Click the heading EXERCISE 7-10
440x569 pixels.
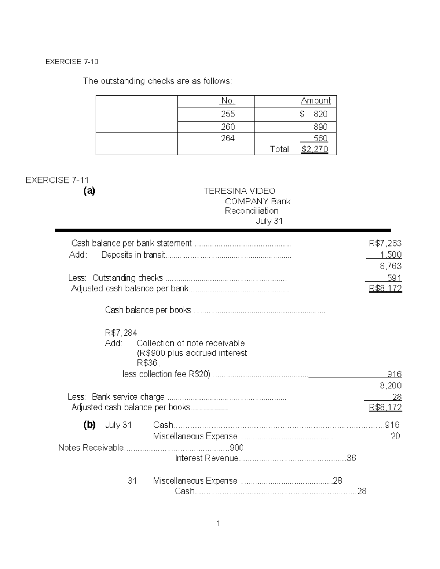click(x=72, y=62)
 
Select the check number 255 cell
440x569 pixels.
click(x=228, y=114)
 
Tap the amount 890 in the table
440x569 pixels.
click(x=320, y=127)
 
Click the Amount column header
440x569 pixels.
click(x=316, y=101)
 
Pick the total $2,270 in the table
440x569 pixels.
click(x=315, y=149)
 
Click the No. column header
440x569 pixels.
click(x=228, y=101)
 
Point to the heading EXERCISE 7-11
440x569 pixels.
click(x=57, y=180)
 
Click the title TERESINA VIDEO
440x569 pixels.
click(x=239, y=191)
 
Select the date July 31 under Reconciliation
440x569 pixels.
click(x=269, y=221)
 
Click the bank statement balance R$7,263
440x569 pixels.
click(x=385, y=243)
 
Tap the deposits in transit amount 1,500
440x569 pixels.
click(x=391, y=255)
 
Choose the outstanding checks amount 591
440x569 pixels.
click(x=394, y=278)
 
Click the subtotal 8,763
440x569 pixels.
click(x=390, y=266)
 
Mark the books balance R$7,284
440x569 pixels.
click(x=121, y=333)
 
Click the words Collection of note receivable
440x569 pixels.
click(x=190, y=343)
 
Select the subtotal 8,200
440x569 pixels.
click(x=390, y=385)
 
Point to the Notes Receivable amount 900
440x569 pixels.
click(x=236, y=448)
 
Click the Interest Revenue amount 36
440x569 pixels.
click(x=351, y=458)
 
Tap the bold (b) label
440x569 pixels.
click(x=89, y=425)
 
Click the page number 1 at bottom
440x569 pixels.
click(x=219, y=524)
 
